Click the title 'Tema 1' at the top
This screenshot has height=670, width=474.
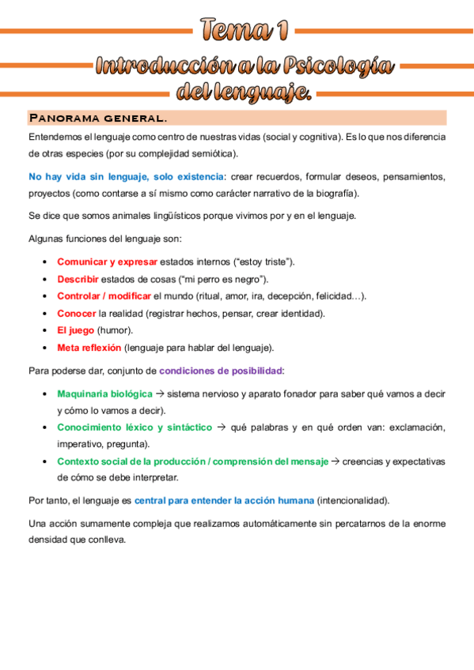[x=243, y=30]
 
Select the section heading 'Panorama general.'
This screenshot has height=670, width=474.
[x=97, y=119]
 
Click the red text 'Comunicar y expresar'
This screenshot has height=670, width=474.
[x=107, y=262]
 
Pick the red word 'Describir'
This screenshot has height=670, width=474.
[x=78, y=279]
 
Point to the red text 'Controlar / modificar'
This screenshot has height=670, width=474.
[x=104, y=296]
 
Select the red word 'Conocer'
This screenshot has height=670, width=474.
[x=76, y=313]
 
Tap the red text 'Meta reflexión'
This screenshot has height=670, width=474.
[x=89, y=348]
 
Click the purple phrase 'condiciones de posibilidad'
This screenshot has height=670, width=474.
[x=221, y=370]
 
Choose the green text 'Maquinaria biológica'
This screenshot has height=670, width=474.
[x=104, y=393]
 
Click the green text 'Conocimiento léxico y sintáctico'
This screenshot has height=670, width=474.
[x=135, y=427]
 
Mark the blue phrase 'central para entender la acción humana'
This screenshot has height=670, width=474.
[x=224, y=501]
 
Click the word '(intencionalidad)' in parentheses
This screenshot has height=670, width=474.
[x=353, y=501]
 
